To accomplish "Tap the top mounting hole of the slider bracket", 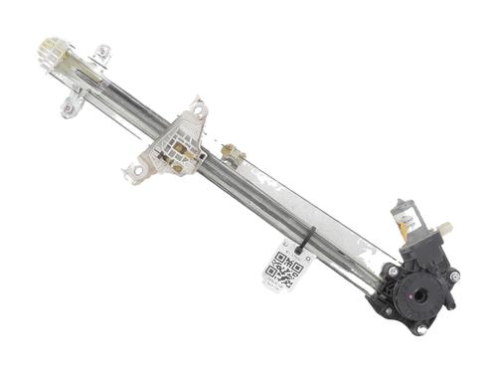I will [x=197, y=106].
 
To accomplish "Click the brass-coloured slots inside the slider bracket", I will [x=177, y=150].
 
